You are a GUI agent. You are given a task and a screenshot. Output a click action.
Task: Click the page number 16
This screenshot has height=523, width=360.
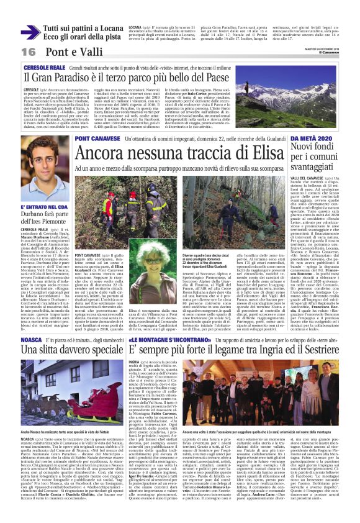point(29,51)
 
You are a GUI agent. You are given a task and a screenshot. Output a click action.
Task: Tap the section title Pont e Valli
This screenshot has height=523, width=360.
point(68,51)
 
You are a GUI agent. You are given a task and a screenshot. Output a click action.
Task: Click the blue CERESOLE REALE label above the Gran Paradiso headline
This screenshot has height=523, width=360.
point(43,66)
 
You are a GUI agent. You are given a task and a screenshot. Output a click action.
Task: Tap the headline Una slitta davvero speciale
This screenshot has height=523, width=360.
point(71,349)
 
